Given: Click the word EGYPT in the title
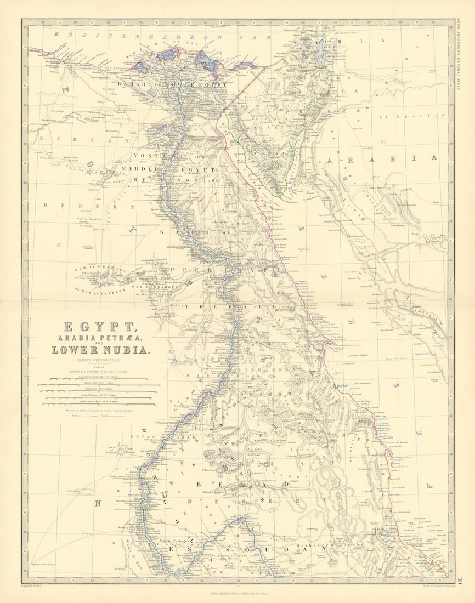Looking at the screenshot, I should coord(100,327).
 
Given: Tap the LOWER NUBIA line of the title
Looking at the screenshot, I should coord(100,350).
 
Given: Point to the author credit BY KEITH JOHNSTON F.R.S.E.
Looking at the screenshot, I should coord(100,360).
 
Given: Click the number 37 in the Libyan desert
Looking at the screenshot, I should coord(59,244).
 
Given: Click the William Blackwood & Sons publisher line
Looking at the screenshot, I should coord(237,593).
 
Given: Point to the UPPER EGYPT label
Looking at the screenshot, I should coord(219,270).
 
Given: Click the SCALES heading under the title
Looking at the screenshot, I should coord(99,367).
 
